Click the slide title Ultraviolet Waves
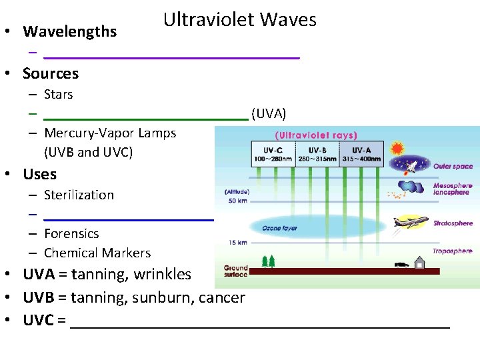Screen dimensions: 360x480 (240, 20)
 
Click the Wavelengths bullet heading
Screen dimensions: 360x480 (70, 31)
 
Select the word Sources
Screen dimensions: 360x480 (51, 73)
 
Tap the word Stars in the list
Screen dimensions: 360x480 (59, 94)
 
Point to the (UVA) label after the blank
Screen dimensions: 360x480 (269, 113)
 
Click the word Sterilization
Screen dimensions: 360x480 (79, 195)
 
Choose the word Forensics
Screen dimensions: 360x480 (71, 233)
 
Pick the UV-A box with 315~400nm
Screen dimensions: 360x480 (361, 155)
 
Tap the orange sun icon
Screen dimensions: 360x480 (398, 148)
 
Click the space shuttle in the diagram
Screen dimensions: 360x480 (412, 166)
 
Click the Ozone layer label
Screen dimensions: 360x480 (280, 228)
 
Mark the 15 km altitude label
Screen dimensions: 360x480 (237, 242)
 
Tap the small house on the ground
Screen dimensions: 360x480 (419, 263)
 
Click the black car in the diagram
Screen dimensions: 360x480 (401, 265)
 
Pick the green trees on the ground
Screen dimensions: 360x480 (269, 261)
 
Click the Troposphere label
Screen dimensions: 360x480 (453, 251)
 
